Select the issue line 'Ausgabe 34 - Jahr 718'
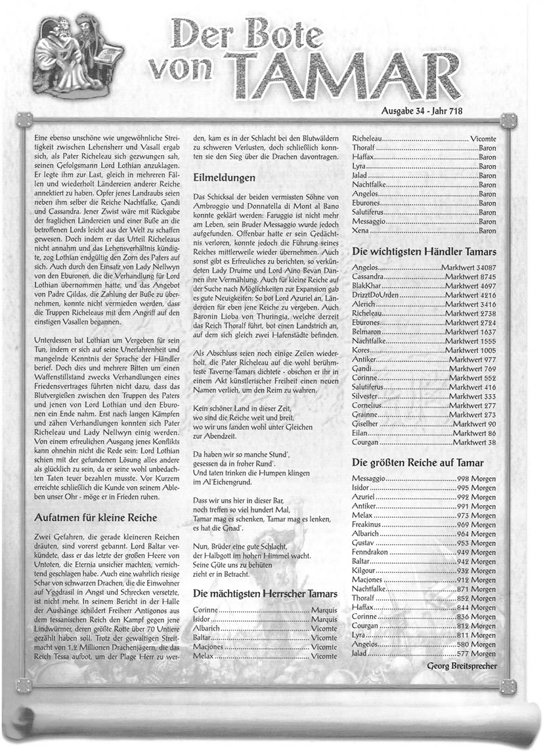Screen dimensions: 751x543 coord(422,111)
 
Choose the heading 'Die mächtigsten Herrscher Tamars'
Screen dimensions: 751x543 coord(265,594)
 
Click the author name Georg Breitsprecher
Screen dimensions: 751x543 coord(462,666)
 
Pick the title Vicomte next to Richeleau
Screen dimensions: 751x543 coord(483,139)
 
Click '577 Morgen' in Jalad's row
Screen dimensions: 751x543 coord(476,654)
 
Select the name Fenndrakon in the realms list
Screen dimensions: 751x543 coord(375,553)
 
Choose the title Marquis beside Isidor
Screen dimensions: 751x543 coord(324,620)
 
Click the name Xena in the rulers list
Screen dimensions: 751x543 coord(361,231)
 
